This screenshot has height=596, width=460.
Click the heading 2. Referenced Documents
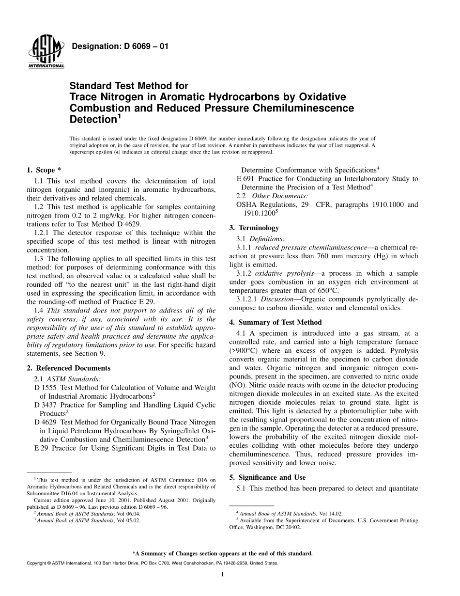click(68, 368)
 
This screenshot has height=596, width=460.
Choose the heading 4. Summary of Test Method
click(275, 322)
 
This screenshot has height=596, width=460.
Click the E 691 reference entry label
click(245, 179)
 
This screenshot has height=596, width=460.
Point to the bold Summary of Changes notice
click(222, 553)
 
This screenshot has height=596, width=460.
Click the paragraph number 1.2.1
click(43, 233)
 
